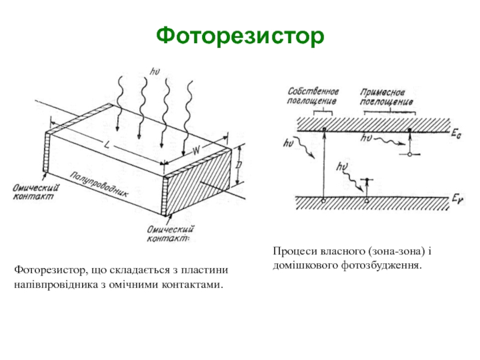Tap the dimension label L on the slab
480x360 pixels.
coord(107,145)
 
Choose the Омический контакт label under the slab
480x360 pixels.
coord(169,233)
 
